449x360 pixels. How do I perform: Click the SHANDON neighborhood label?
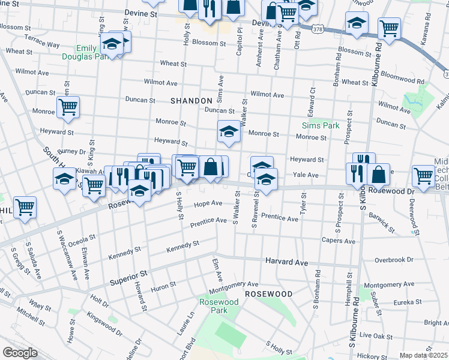point(191,101)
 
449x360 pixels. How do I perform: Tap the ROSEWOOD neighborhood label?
point(268,294)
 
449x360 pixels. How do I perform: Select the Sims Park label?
point(321,125)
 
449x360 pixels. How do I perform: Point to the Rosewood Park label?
point(214,307)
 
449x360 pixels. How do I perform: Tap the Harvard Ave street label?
point(287,262)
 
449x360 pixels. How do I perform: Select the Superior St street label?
point(128,278)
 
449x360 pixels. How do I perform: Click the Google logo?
point(20,353)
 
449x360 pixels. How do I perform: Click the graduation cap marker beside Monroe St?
point(228,132)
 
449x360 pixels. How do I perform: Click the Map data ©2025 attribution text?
point(423,355)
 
